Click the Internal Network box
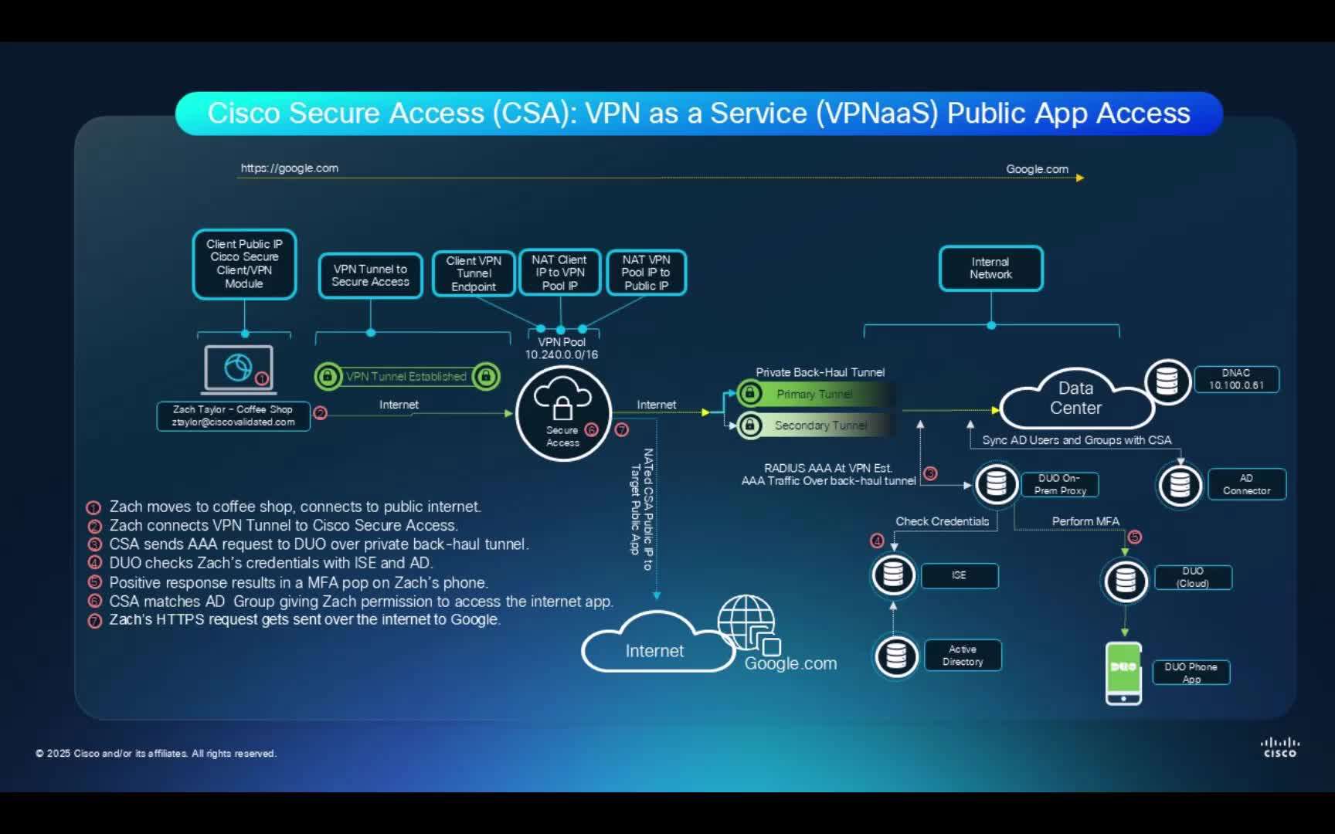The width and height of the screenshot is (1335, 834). point(990,269)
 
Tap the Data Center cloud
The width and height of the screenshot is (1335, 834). point(1075,398)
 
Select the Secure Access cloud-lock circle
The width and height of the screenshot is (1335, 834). point(563,413)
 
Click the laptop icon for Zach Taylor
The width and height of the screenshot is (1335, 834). point(239,369)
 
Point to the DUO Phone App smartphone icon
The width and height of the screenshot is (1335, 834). point(1123,673)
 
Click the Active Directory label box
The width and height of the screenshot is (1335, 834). point(963,656)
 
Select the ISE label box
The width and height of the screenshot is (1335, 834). point(959,575)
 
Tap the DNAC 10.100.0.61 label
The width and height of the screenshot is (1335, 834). point(1236,379)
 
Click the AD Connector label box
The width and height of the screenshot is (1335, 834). point(1246,484)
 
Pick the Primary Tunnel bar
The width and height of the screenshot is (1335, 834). point(815,394)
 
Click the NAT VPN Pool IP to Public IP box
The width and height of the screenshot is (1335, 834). point(646,273)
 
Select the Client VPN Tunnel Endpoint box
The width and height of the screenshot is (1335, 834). point(474,273)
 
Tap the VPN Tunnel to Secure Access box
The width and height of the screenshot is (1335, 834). point(370,276)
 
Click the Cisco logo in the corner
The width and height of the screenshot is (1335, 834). point(1279,748)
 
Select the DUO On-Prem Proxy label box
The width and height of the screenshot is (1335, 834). point(1060,484)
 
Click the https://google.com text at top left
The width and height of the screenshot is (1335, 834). point(289,168)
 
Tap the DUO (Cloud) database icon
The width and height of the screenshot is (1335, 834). point(1126,580)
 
